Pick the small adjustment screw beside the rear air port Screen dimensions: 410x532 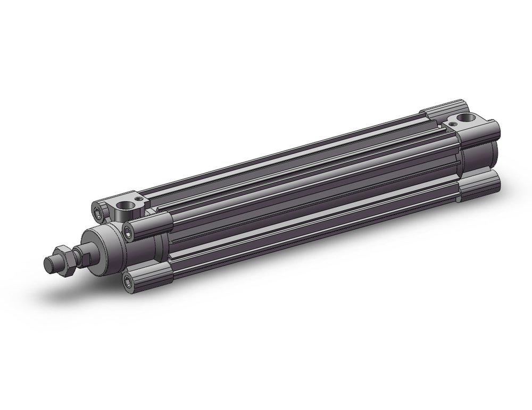452,124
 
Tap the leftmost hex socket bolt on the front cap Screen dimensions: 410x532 99,211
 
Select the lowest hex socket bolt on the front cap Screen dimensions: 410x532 128,282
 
